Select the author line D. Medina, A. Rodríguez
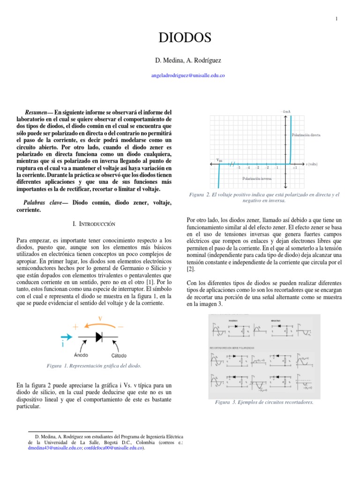pyautogui.click(x=180, y=61)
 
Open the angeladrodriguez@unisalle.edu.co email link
pyautogui.click(x=180, y=75)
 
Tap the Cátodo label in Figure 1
pyautogui.click(x=120, y=354)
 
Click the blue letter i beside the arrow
pyautogui.click(x=62, y=345)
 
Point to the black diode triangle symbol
pyautogui.click(x=99, y=337)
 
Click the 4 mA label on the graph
pyautogui.click(x=286, y=112)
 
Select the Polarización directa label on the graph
pyautogui.click(x=306, y=135)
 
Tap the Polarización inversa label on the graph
pyautogui.click(x=257, y=179)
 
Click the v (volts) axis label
pyautogui.click(x=312, y=164)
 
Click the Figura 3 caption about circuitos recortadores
pyautogui.click(x=264, y=402)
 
